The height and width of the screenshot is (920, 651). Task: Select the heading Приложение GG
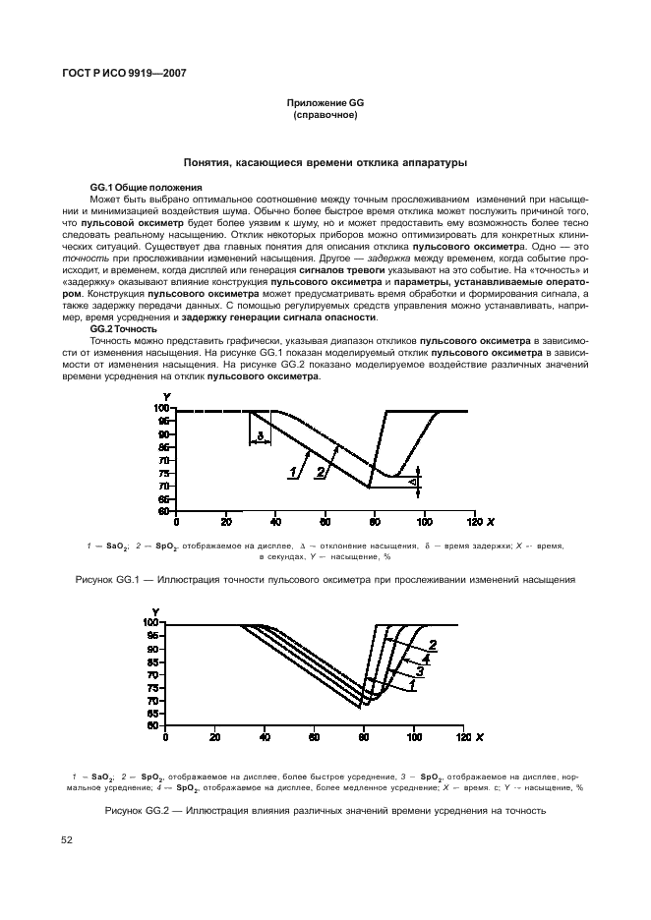click(325, 103)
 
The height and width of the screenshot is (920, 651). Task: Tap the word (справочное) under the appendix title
click(325, 115)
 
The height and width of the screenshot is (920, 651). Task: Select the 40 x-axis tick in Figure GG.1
click(275, 522)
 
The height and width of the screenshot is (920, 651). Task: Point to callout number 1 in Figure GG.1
click(293, 473)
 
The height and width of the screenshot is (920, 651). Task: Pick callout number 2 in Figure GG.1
click(320, 473)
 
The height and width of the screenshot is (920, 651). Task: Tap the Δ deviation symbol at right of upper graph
click(415, 482)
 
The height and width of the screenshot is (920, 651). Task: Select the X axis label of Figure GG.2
click(479, 736)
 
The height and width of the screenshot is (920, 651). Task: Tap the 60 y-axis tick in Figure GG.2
click(152, 725)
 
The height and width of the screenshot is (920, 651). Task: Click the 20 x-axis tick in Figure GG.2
click(215, 736)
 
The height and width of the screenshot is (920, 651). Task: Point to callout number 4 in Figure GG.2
click(425, 659)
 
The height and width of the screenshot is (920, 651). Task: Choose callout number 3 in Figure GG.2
click(419, 671)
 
